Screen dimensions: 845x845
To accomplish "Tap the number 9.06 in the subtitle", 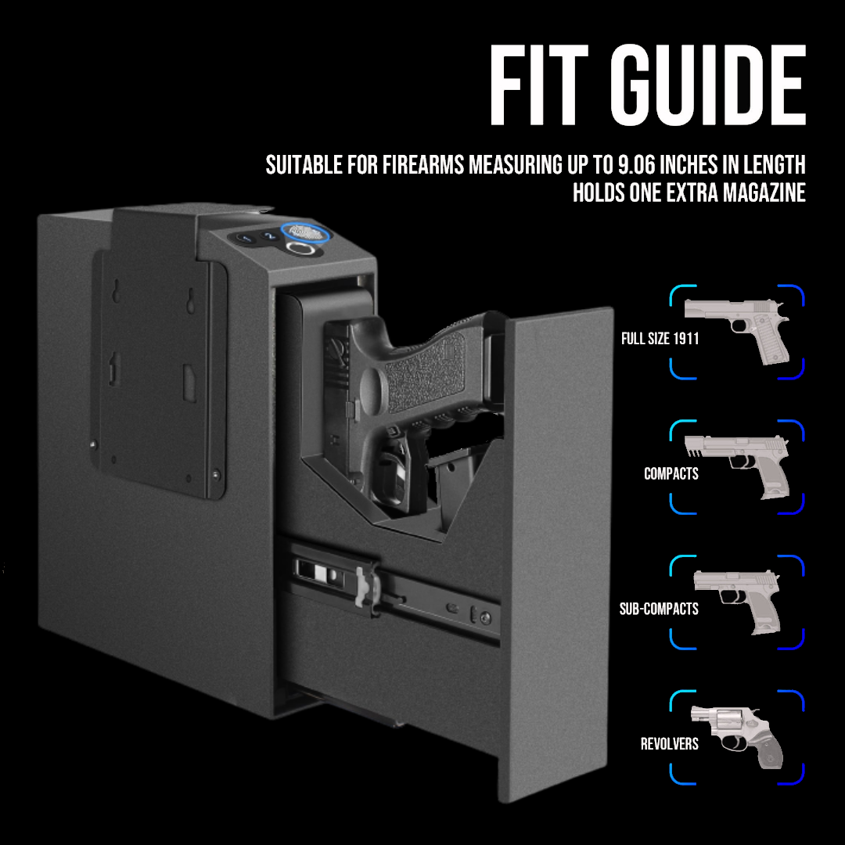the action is pos(636,165).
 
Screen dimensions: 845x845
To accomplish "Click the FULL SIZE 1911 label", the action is pos(660,339).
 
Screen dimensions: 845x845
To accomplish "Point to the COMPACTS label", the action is pos(671,473).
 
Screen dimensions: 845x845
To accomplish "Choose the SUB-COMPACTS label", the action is pos(659,609).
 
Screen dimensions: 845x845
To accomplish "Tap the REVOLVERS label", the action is pos(669,744).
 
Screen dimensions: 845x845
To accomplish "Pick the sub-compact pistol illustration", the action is pos(737,601).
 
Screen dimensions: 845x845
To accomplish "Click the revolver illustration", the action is pos(737,736).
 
